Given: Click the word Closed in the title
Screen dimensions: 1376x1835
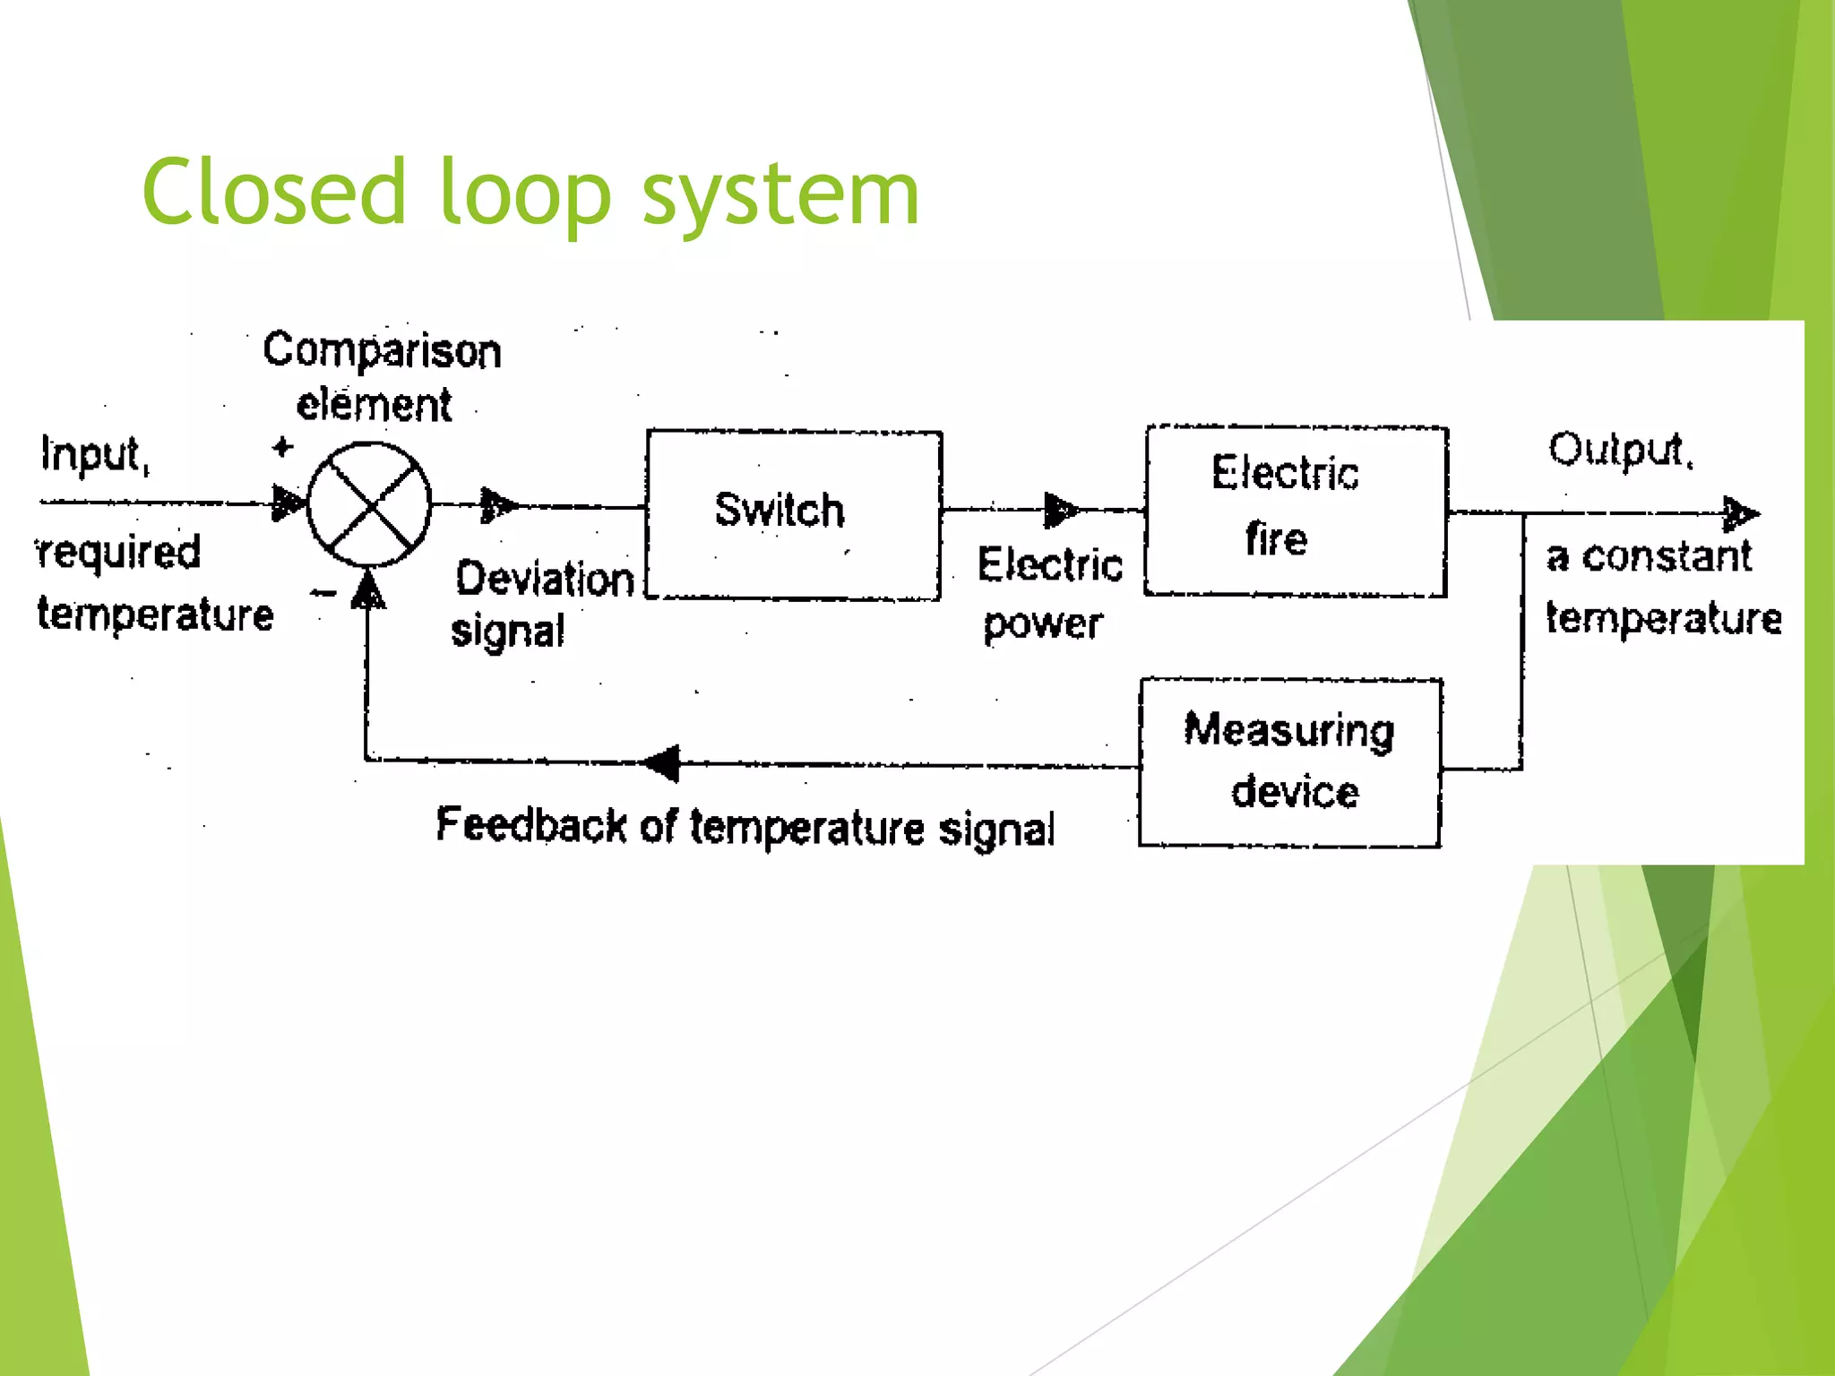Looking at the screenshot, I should [274, 192].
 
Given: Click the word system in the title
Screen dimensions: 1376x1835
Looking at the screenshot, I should [780, 195].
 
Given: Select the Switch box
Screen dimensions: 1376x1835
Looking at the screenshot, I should [793, 514].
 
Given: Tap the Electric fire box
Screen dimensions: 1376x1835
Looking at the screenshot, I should [1295, 510].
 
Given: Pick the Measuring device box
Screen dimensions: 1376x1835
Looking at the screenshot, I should [1289, 762].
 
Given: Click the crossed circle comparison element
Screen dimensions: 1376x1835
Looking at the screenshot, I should [369, 504].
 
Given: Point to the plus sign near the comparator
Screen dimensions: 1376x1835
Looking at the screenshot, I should [282, 446].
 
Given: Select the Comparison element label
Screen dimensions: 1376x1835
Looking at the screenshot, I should [381, 376].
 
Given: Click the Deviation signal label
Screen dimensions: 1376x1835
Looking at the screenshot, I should [541, 603].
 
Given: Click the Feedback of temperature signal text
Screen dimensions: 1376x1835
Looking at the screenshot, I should [745, 826].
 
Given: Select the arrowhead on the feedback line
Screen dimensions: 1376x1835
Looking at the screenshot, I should [663, 763].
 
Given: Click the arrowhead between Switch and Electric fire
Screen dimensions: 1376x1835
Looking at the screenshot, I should [1060, 510].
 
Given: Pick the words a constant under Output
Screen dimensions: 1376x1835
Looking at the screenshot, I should [1648, 556].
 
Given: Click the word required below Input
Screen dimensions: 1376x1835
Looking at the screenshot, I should [119, 552].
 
